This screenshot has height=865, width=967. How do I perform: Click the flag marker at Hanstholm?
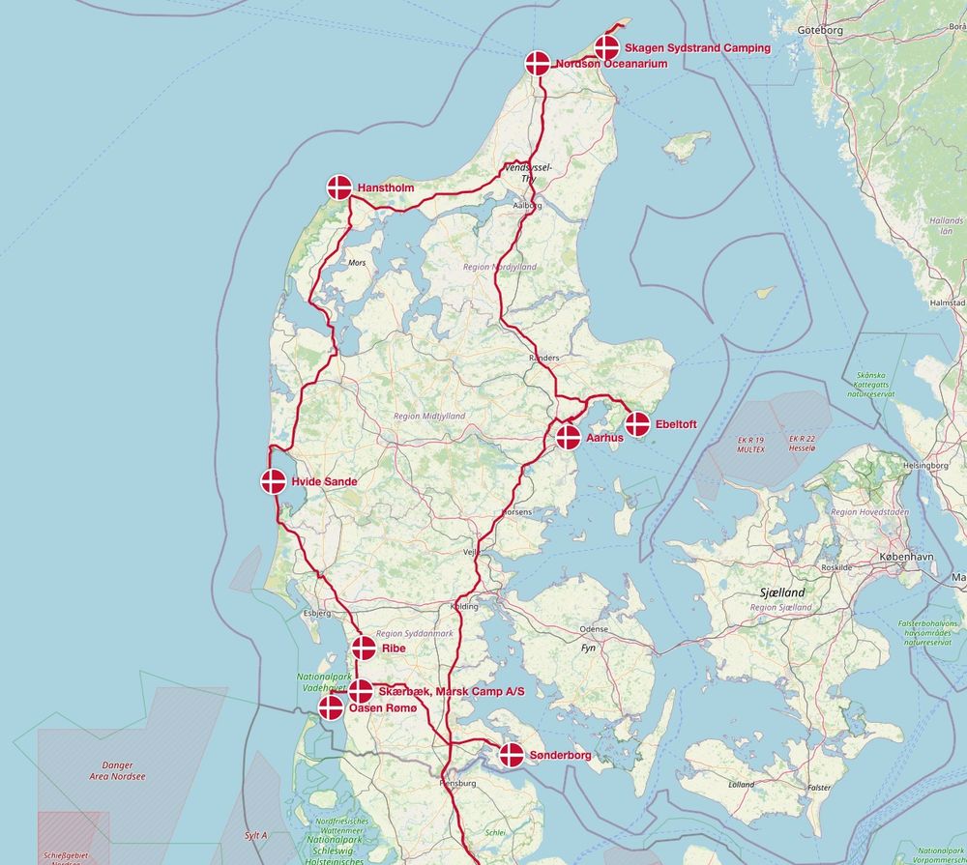click(x=339, y=187)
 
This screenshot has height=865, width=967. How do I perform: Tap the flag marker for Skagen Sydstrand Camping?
click(x=607, y=47)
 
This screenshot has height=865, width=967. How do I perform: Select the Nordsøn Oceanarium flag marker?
click(x=539, y=64)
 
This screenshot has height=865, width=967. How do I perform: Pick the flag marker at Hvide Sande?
click(x=274, y=481)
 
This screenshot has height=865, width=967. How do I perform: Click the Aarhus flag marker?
click(x=569, y=437)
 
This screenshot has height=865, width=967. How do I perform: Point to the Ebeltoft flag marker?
click(x=637, y=423)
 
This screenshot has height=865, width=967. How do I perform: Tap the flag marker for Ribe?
click(x=365, y=648)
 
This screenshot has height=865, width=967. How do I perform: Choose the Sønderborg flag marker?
click(x=512, y=755)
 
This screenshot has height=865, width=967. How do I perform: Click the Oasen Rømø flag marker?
click(x=332, y=708)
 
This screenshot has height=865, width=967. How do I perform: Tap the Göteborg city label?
click(x=821, y=30)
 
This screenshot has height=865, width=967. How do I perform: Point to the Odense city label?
click(x=593, y=629)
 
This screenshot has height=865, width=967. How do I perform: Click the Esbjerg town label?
click(x=317, y=613)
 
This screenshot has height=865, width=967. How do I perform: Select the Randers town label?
click(x=543, y=358)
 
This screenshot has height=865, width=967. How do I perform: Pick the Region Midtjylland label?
click(x=429, y=416)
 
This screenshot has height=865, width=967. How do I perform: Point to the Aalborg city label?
click(x=527, y=206)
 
